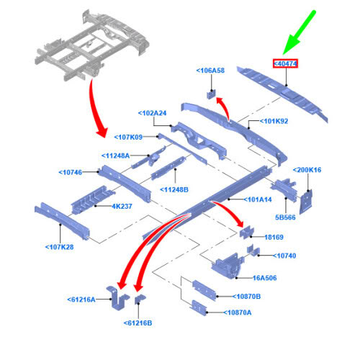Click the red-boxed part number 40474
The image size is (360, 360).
coord(285,63)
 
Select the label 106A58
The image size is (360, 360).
coord(210,71)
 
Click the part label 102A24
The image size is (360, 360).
coord(152,113)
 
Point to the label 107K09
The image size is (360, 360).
coord(128,137)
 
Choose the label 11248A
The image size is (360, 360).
coord(115,156)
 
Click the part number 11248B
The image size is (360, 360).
coord(174,189)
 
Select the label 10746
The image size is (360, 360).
coord(71,172)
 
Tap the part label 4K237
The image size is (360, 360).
coord(122,207)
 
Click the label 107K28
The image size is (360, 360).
coord(60,247)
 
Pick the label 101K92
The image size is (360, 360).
coord(274,121)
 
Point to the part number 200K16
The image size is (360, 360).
coord(307,170)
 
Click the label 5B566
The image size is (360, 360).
coord(285,217)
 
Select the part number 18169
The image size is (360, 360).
coord(274,237)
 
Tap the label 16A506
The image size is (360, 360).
coord(265,278)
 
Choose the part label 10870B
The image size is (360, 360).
coord(246,297)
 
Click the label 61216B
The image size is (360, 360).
coord(138,323)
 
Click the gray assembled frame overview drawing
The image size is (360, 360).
coord(92,45)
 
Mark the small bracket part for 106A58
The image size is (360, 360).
coord(212,94)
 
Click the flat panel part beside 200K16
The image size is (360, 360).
coord(306,202)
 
